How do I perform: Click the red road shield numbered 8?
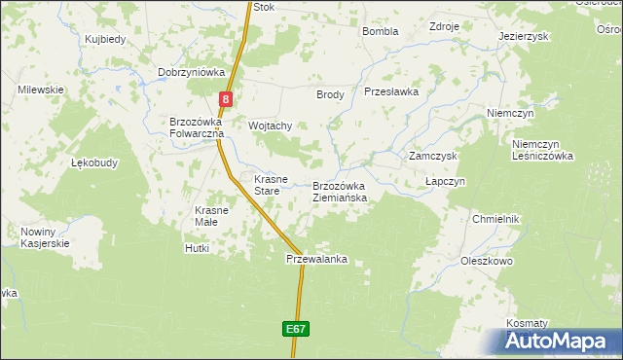[x=226, y=99]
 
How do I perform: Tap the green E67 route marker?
[x=297, y=330]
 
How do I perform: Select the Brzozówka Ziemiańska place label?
[x=340, y=192]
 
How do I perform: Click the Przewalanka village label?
[x=316, y=260]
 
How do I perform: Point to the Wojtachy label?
[x=271, y=126]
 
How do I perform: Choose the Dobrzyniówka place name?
[x=192, y=72]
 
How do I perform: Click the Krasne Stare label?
[x=271, y=185]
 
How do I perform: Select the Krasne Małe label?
[x=211, y=216]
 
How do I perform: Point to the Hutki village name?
[x=197, y=249]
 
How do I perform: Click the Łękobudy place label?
[x=94, y=163]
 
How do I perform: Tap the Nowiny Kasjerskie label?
[x=44, y=237]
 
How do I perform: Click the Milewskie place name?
[x=40, y=90]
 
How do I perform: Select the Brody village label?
[x=330, y=94]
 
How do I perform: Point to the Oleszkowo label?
[x=487, y=261]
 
